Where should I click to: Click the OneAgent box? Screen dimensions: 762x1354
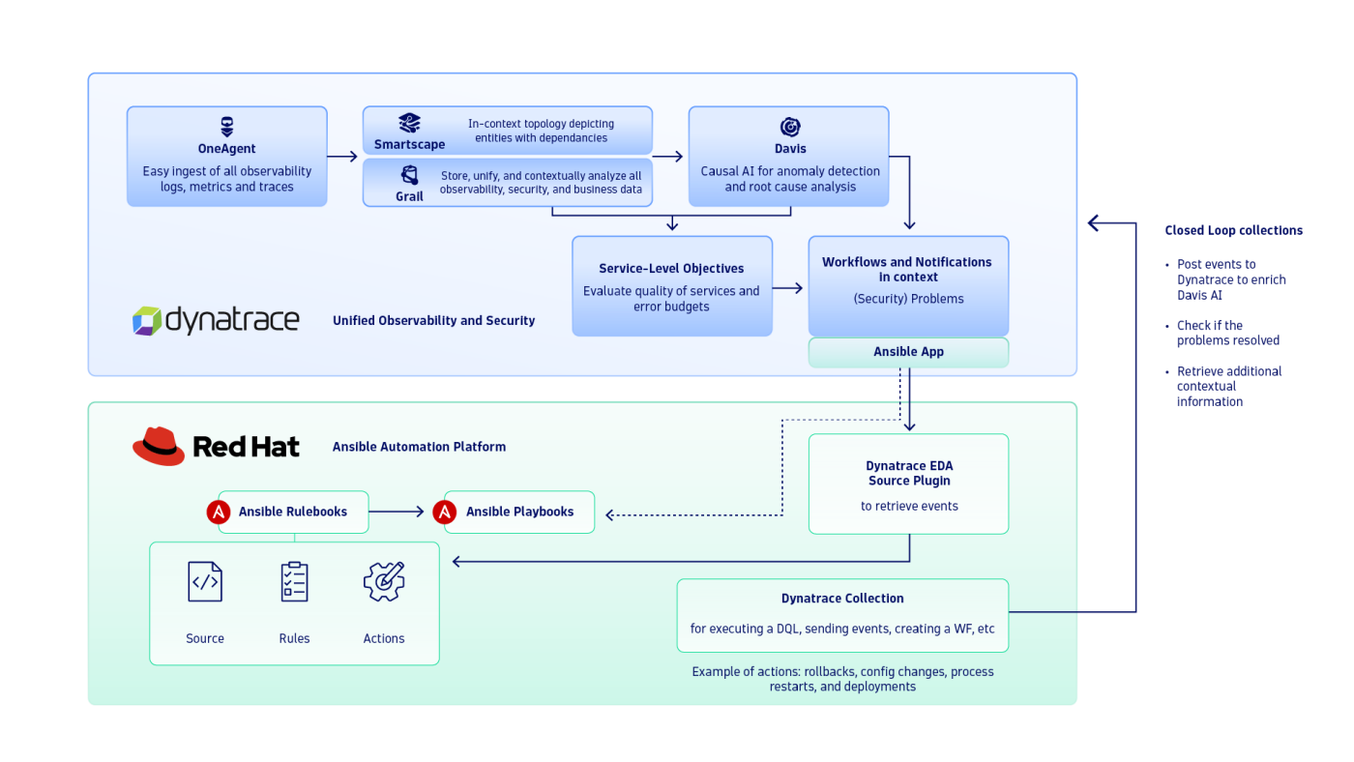226,157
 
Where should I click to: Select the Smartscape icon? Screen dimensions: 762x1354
410,123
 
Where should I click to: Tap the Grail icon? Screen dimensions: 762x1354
410,175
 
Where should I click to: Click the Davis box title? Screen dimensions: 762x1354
789,149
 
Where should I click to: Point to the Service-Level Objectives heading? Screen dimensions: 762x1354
671,269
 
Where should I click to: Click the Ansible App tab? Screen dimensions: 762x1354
908,352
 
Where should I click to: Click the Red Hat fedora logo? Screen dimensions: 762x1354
159,446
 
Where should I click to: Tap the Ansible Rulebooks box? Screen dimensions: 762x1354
292,512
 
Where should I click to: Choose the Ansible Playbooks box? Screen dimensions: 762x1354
519,512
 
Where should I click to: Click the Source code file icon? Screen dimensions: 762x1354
205,582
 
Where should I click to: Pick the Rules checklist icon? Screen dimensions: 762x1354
294,582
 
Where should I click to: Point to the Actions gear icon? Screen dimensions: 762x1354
384,582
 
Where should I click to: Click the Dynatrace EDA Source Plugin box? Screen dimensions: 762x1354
908,484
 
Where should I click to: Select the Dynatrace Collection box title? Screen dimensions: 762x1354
842,599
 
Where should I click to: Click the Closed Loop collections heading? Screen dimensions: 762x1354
1233,230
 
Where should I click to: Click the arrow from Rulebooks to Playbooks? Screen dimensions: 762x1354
397,512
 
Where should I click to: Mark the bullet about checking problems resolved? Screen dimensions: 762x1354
1226,333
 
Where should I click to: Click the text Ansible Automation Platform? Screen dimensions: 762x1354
419,447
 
